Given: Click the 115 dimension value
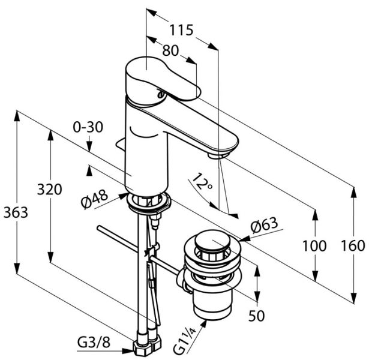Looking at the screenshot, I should pyautogui.click(x=181, y=29).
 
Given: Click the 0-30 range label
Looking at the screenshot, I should pyautogui.click(x=88, y=127).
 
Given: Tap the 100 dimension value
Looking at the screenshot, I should pyautogui.click(x=314, y=245).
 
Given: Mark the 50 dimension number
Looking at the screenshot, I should pyautogui.click(x=256, y=315).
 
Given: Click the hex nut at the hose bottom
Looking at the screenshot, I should pyautogui.click(x=147, y=346).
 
